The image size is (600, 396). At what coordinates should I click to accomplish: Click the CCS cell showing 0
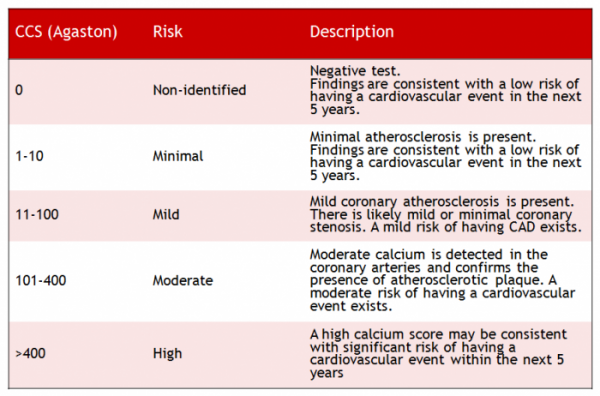pyautogui.click(x=19, y=91)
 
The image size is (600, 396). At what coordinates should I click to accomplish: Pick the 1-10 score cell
pyautogui.click(x=30, y=156)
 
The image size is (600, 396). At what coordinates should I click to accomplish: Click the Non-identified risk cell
pyautogui.click(x=199, y=91)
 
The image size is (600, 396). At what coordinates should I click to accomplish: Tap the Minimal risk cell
pyautogui.click(x=178, y=156)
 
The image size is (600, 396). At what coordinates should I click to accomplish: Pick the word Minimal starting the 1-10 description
pyautogui.click(x=335, y=137)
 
